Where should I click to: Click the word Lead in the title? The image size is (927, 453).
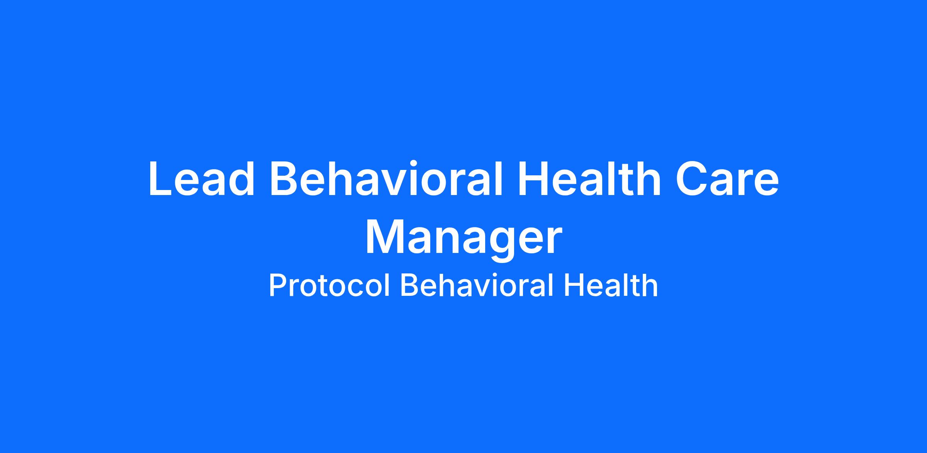tap(201, 179)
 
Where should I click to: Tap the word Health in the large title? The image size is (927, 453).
tap(590, 179)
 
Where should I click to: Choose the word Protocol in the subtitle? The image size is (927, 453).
tap(329, 285)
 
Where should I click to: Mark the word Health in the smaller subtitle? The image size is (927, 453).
tap(611, 285)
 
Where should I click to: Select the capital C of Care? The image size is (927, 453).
tap(691, 179)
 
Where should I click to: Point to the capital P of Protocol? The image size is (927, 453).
tap(278, 285)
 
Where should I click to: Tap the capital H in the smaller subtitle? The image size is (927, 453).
tap(573, 285)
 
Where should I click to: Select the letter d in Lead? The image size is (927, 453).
tap(241, 179)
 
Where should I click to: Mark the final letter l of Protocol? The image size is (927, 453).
tap(387, 285)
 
